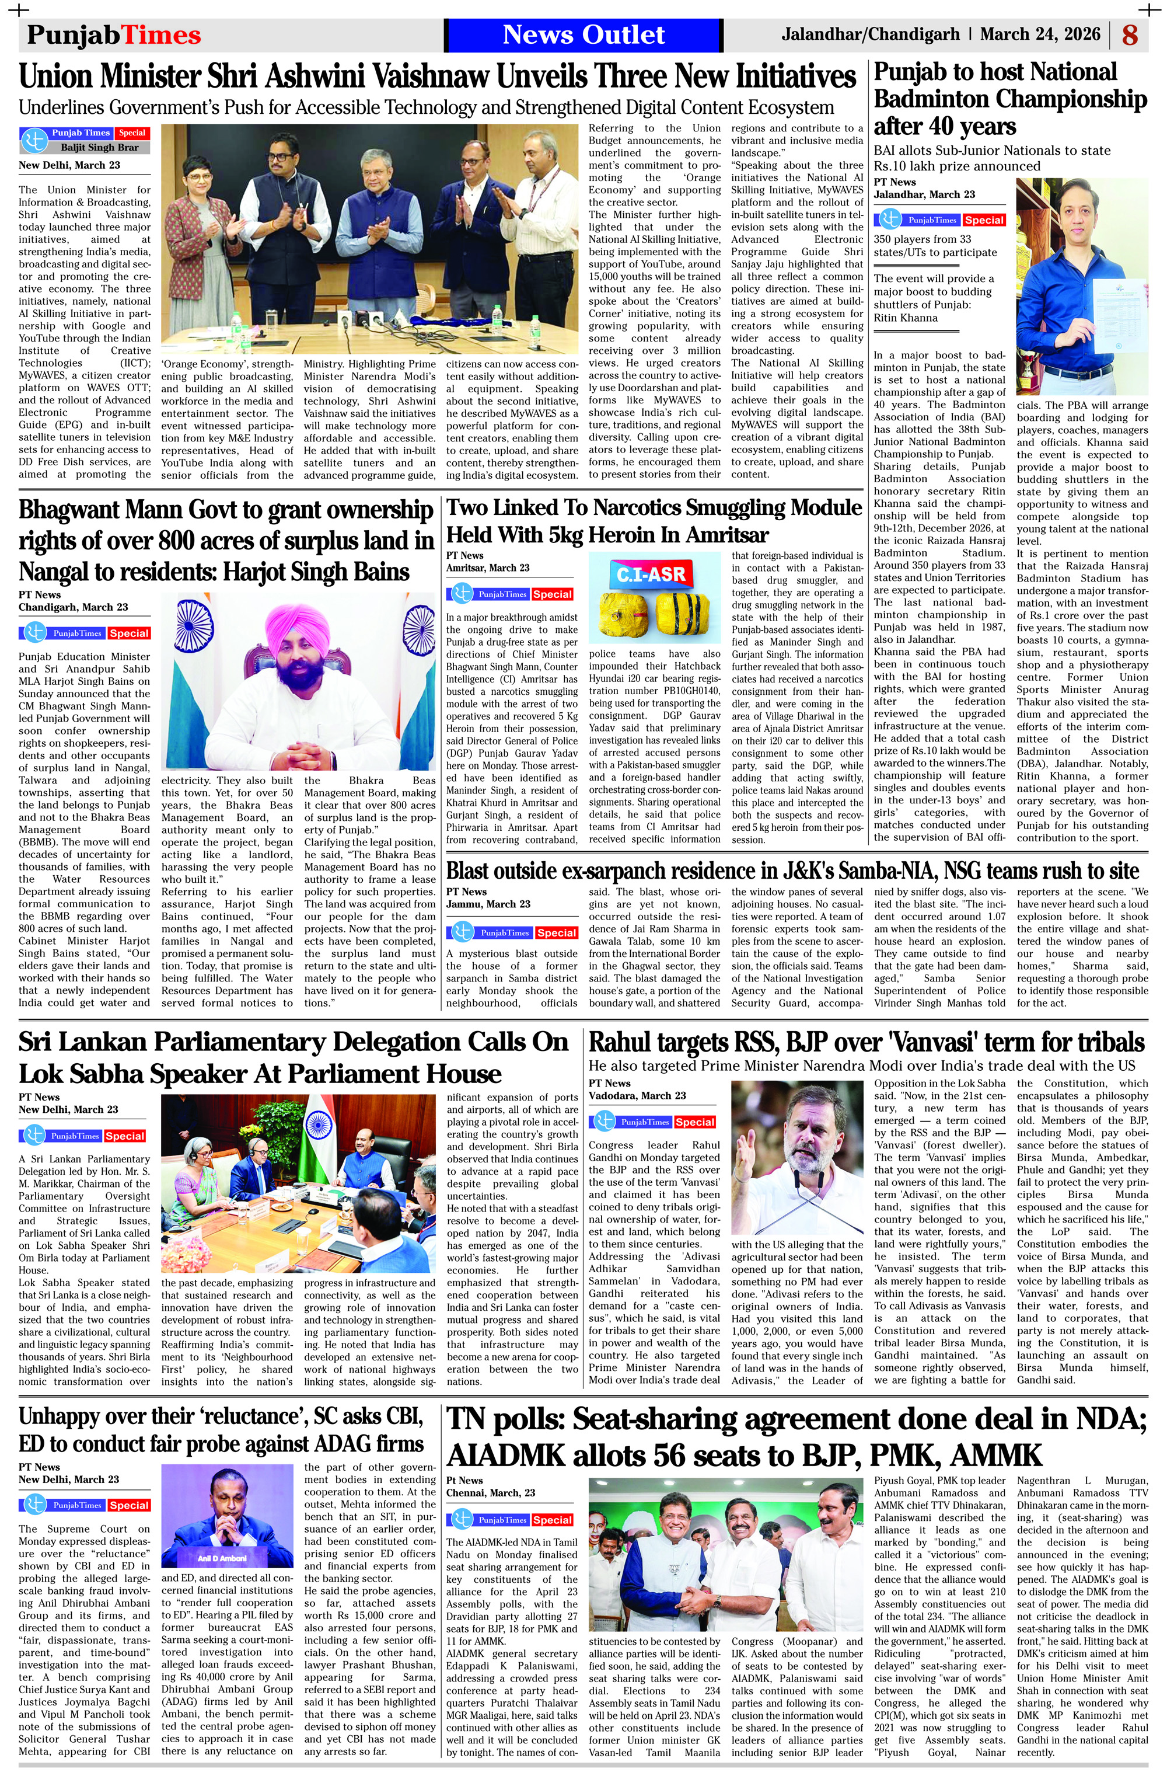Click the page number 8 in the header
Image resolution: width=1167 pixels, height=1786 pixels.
click(x=1130, y=34)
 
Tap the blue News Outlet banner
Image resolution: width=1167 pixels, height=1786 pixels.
click(x=583, y=34)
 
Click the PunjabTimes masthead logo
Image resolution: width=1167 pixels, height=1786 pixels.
click(x=114, y=35)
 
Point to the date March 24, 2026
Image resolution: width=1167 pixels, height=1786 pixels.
click(x=1039, y=34)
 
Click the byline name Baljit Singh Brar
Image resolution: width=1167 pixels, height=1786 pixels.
click(x=99, y=148)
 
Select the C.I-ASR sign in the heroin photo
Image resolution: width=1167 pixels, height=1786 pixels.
click(x=651, y=575)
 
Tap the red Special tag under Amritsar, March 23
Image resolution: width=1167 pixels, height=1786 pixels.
click(x=553, y=594)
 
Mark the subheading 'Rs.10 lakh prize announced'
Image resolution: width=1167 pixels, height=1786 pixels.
click(x=956, y=166)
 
